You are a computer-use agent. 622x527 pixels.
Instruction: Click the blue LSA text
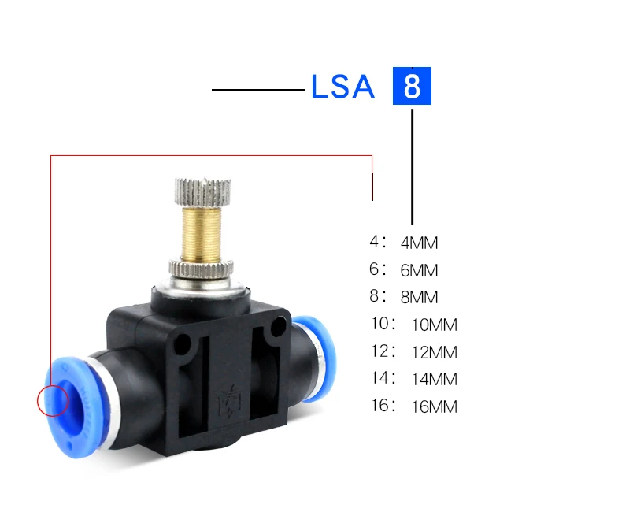pos(342,86)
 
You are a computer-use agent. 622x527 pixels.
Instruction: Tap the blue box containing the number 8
pos(412,86)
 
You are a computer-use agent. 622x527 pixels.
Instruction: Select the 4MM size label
pos(420,243)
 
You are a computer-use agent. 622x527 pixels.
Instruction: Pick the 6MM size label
pos(420,270)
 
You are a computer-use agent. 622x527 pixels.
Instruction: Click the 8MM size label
pos(420,297)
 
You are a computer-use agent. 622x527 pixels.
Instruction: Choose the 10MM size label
pos(435,325)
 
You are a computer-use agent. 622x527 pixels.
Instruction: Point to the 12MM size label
pos(435,352)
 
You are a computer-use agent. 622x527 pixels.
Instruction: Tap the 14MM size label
pos(435,379)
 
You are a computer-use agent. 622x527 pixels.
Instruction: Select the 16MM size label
pos(435,406)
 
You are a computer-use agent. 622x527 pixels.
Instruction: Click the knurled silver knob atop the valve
pos(202,191)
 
